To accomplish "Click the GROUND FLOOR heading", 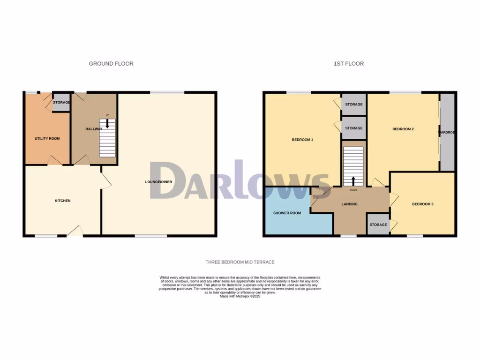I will [111, 64].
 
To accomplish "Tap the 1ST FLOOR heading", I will [348, 64].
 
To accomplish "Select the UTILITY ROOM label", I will [47, 139].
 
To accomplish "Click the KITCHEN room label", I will [62, 201].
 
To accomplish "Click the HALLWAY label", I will [94, 129].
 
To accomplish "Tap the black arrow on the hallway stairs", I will [108, 123].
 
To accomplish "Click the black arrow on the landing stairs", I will [353, 181].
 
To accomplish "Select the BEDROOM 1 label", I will [302, 140].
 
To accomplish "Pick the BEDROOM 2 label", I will [403, 129].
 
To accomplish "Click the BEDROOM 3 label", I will [422, 204].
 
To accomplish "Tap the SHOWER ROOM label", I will [287, 213].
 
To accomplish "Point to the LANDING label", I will [349, 204].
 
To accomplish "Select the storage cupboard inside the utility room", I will [61, 103].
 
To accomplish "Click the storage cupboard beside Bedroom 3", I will [378, 225].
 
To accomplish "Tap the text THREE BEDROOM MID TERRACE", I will [240, 262].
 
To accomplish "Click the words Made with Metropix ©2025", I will [240, 297].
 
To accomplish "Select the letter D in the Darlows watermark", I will [166, 181].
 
